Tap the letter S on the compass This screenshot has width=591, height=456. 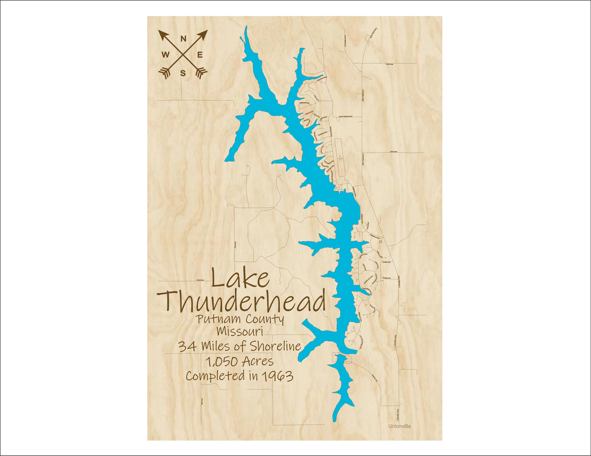click(183, 73)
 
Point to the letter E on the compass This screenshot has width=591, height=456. click(200, 55)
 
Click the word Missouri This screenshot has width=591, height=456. click(240, 331)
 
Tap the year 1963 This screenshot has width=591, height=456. click(278, 376)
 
